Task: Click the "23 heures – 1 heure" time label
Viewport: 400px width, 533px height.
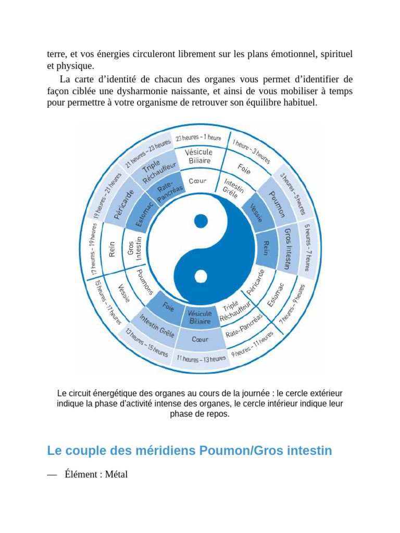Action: pos(198,138)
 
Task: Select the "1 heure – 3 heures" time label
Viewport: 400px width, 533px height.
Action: pos(251,151)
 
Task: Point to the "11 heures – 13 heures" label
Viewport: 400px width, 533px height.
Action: pos(201,359)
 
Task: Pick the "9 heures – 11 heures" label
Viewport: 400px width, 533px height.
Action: pos(253,345)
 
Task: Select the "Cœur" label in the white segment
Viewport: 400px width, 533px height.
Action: pos(197,181)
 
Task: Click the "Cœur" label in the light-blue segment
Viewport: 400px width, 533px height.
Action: pos(200,339)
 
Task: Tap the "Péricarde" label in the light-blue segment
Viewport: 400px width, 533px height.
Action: pos(121,205)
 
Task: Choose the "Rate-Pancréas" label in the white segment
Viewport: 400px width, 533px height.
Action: pos(244,325)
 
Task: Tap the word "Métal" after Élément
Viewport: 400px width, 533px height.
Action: pos(116,474)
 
